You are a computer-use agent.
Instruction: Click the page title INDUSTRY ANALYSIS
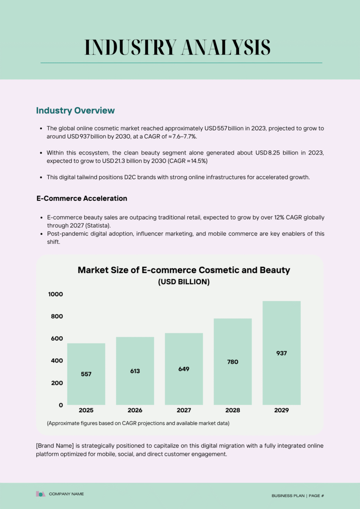coord(177,47)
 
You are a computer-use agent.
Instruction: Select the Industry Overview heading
coord(75,111)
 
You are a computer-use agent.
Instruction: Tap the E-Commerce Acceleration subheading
coord(82,198)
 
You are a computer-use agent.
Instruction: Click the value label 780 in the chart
coord(233,362)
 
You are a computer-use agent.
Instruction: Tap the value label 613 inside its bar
coord(135,371)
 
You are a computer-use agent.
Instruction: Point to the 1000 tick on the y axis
coord(55,294)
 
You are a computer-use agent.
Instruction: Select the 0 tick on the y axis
coord(61,405)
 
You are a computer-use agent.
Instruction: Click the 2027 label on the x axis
coord(184,410)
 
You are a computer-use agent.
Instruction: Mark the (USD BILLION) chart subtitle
coord(184,282)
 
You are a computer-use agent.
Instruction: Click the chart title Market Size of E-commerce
coord(184,270)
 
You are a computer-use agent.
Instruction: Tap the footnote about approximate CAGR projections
coord(138,423)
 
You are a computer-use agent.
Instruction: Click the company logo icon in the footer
coord(40,494)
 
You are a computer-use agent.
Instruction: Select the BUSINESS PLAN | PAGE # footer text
coord(298,495)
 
